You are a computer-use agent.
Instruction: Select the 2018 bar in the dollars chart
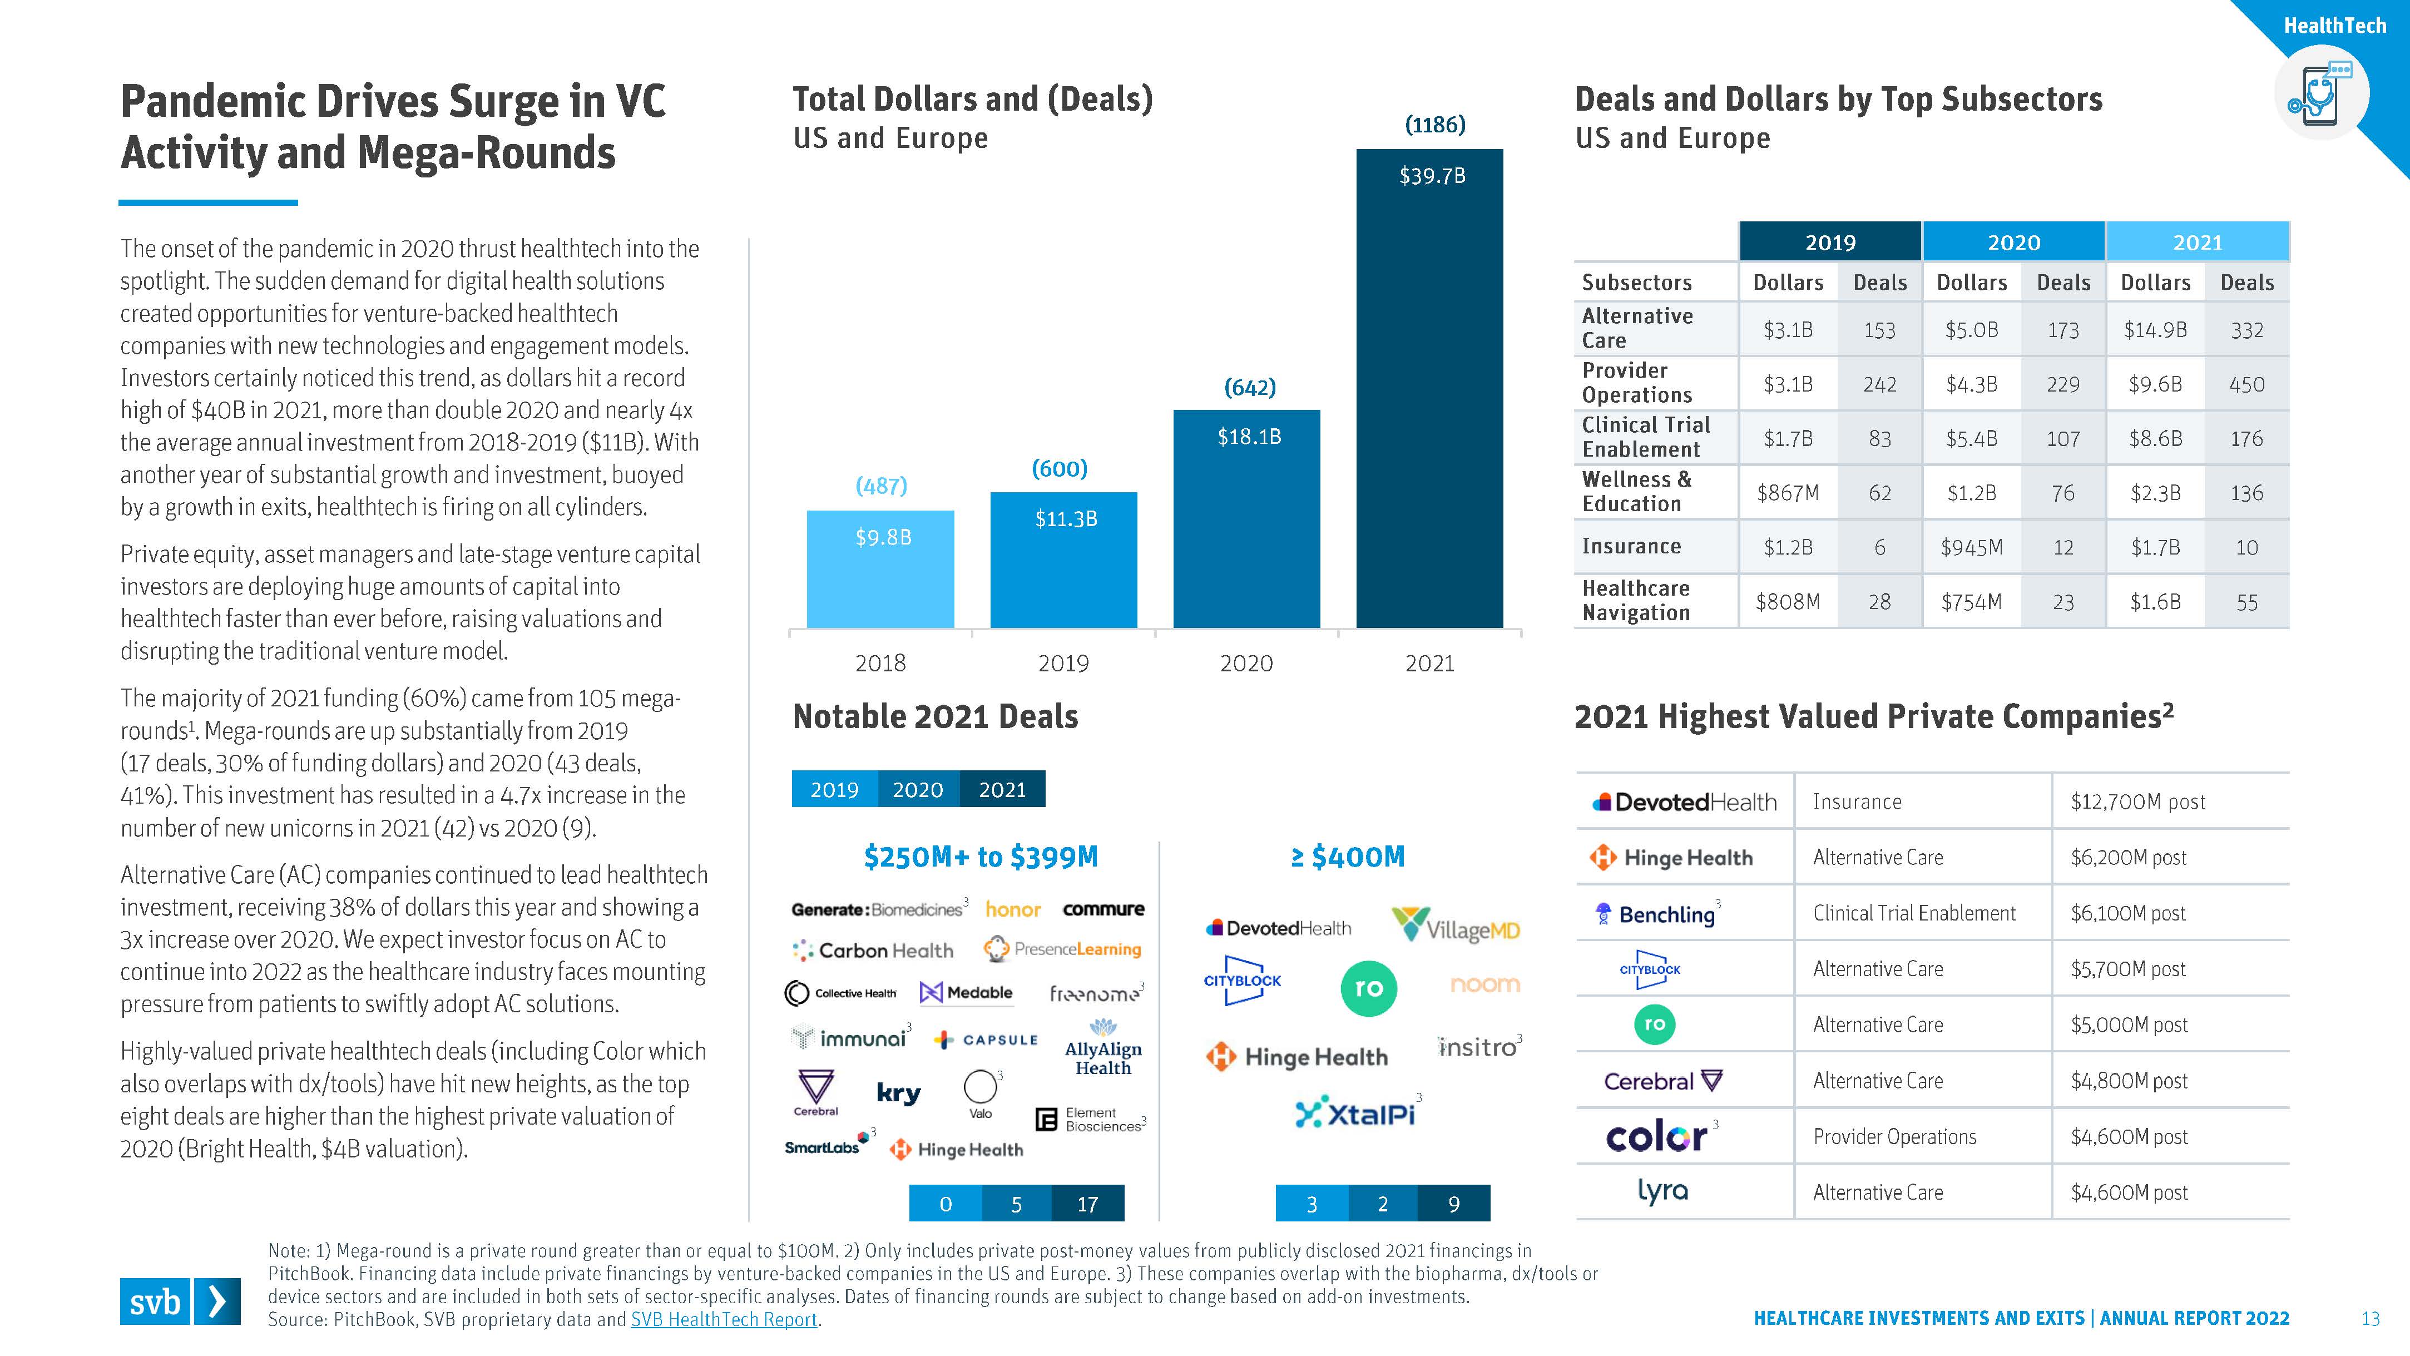coord(880,569)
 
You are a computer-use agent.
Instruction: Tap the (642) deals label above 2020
coord(1250,388)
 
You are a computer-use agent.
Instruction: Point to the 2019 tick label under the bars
coord(1063,664)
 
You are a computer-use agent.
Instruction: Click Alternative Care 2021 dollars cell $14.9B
coord(2155,329)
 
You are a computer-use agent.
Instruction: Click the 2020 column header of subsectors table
coord(2013,243)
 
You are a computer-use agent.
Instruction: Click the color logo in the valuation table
coord(1656,1136)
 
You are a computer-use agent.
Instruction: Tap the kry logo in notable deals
coord(898,1093)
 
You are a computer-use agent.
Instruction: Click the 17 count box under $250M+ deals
coord(1087,1204)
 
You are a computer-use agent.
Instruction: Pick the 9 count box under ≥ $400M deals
coord(1453,1204)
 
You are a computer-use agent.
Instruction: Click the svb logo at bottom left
coord(180,1301)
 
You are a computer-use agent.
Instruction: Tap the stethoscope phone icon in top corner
coord(2320,93)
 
